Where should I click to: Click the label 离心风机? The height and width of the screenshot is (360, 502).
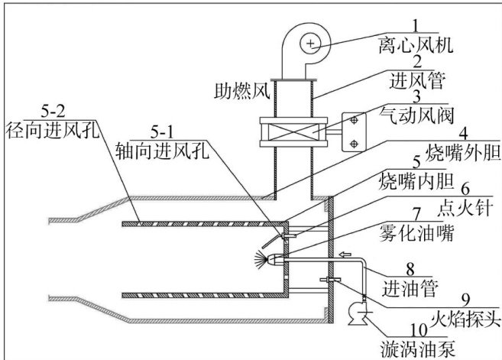416,44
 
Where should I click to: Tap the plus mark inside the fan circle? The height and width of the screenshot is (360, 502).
310,44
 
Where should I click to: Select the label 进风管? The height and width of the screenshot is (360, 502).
416,80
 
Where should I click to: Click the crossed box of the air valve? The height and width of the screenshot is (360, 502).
293,131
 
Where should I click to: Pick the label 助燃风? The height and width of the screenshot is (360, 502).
242,91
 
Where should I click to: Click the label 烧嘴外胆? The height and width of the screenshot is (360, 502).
463,152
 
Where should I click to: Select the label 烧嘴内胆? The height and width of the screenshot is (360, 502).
416,181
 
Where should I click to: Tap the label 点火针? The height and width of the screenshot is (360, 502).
465,208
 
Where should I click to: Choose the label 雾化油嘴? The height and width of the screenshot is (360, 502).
416,233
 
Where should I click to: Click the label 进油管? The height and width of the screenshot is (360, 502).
410,289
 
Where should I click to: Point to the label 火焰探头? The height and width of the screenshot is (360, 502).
465,319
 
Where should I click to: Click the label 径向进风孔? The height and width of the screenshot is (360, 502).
52,130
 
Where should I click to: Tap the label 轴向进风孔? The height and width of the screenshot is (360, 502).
162,151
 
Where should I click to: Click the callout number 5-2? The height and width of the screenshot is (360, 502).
53,111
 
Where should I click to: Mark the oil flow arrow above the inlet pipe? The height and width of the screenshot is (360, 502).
345,255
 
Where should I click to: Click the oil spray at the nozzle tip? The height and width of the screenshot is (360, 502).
260,259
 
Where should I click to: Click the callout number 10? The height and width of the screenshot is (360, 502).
419,330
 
